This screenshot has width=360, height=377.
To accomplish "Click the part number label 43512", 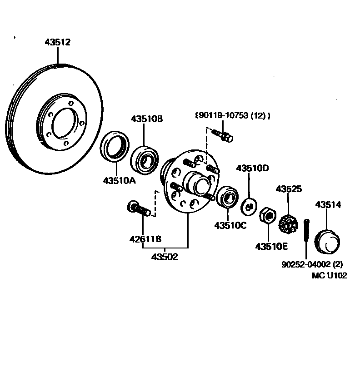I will [x=58, y=43].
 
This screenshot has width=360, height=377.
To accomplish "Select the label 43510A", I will [x=120, y=180].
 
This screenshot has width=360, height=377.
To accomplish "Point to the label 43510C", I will [x=230, y=225].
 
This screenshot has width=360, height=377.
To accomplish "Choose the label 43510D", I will [x=253, y=169].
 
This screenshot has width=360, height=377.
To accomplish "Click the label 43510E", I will [x=271, y=247].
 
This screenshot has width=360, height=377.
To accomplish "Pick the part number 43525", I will [x=289, y=189].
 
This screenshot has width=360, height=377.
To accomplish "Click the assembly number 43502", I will [x=165, y=257].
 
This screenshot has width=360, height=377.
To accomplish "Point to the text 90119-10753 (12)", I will [x=232, y=116].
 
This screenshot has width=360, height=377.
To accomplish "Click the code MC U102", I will [x=330, y=275].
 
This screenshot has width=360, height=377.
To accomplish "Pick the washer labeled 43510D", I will [x=249, y=206].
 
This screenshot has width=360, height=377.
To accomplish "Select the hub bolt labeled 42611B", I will [x=139, y=209].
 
